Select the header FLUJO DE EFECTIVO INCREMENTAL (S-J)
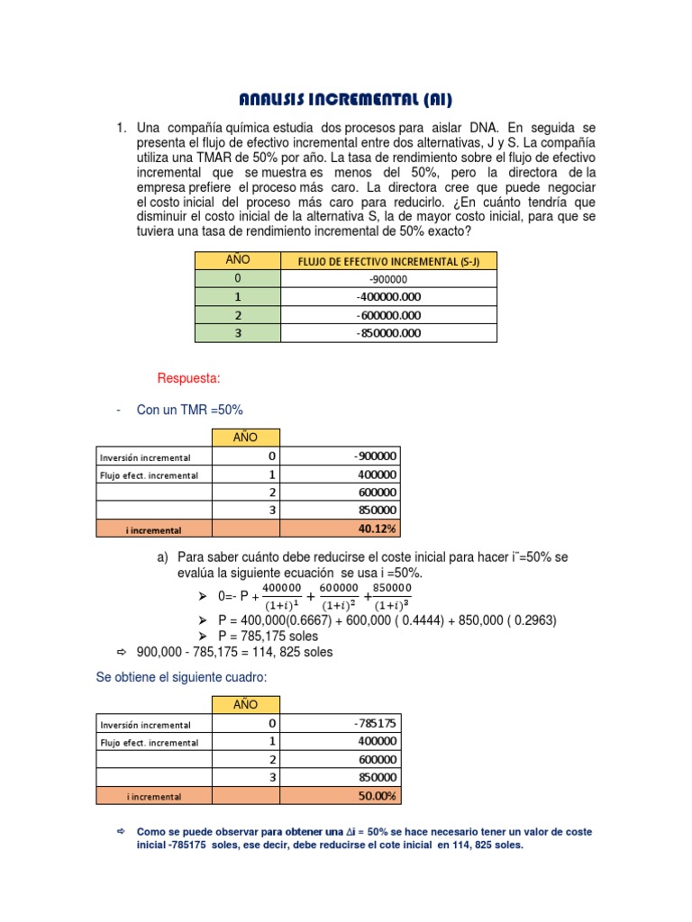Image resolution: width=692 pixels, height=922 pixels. click(x=389, y=261)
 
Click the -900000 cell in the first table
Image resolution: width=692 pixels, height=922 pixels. click(x=389, y=279)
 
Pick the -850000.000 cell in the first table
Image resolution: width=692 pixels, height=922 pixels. click(x=389, y=333)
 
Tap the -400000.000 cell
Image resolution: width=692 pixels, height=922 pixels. click(x=389, y=297)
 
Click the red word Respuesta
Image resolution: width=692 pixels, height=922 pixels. click(x=188, y=377)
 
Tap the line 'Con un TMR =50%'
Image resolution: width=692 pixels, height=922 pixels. click(x=189, y=411)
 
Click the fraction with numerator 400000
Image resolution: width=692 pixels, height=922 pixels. click(x=283, y=596)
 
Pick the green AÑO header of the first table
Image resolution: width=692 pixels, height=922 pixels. click(x=237, y=260)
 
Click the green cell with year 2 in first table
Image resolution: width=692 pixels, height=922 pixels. click(x=237, y=315)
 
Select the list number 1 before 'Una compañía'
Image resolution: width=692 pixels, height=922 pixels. click(x=121, y=129)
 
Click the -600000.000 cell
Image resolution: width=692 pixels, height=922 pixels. click(x=389, y=315)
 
